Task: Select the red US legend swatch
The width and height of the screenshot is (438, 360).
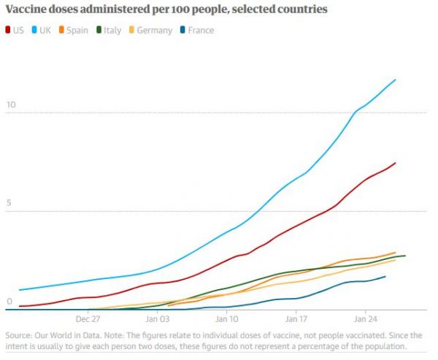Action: tap(9, 31)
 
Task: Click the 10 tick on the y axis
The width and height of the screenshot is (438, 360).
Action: tap(10, 104)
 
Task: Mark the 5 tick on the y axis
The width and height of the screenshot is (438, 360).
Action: tap(8, 204)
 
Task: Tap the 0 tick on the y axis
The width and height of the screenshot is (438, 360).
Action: tap(8, 302)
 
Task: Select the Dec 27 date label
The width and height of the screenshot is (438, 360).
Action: tap(87, 319)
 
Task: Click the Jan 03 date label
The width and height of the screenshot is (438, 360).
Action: tap(157, 319)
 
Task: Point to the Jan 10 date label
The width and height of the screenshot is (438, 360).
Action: tap(226, 319)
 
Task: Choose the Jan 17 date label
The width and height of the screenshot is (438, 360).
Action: tap(296, 319)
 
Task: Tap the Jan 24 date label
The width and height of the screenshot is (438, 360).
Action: tap(365, 319)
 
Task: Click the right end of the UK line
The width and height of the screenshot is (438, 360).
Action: tap(396, 79)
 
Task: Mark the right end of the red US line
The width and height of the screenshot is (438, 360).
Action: tap(395, 163)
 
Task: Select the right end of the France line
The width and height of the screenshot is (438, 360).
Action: tap(385, 276)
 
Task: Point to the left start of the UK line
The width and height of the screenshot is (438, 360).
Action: tap(19, 290)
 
